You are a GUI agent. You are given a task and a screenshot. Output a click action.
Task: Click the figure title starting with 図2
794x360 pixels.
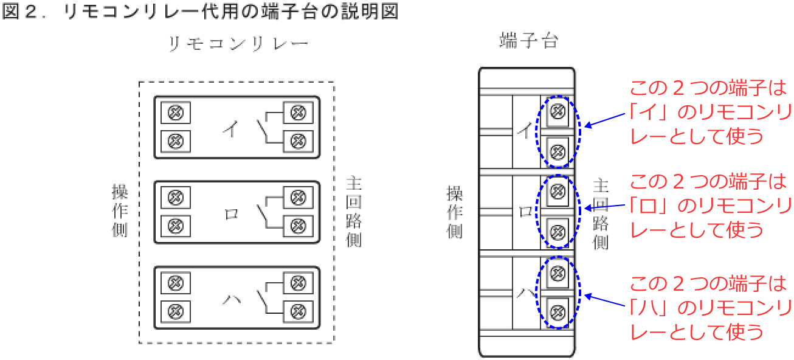pos(200,12)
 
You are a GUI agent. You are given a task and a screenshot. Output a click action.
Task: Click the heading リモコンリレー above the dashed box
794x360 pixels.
pos(238,44)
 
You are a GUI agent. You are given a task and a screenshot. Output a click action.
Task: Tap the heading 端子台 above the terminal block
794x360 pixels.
pos(528,41)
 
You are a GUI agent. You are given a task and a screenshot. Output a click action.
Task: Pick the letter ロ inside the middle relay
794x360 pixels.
pos(231,214)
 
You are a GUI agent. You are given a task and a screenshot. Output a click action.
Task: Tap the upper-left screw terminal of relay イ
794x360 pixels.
pos(175,113)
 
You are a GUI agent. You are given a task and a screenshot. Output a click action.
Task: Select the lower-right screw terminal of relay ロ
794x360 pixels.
pos(297,226)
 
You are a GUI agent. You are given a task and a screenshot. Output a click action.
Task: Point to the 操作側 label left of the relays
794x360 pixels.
pos(120,210)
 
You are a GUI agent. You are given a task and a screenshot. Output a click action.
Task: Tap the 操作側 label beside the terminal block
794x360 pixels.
pos(454,211)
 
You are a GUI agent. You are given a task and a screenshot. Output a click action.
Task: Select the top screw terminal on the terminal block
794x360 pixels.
pos(558,111)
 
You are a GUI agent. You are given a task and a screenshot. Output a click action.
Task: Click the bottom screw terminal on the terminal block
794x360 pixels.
pos(558,311)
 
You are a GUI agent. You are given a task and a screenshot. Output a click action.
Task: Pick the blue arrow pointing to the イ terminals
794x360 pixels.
pos(604,122)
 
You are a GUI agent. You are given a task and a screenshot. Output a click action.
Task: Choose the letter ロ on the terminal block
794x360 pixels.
pos(525,212)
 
